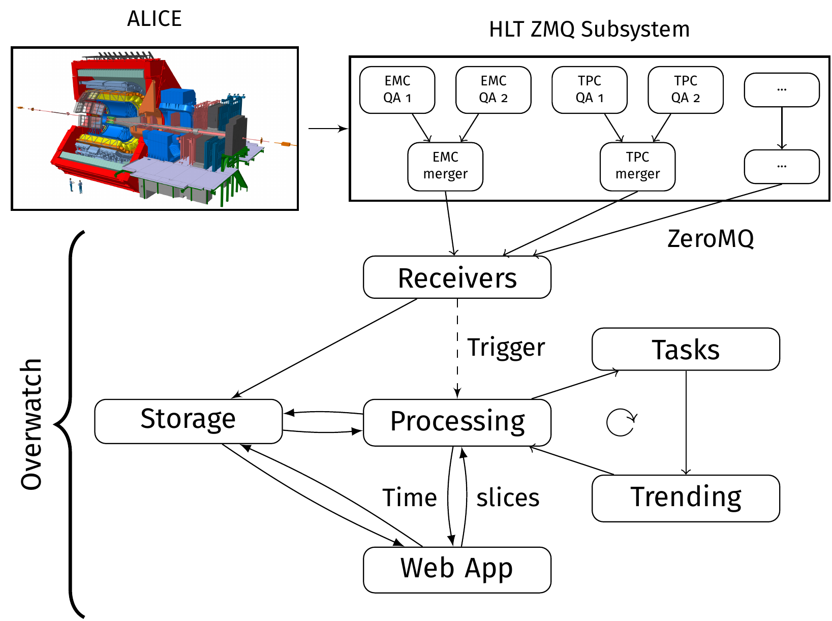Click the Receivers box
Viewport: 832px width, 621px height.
pyautogui.click(x=457, y=277)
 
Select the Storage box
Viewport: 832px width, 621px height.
pyautogui.click(x=188, y=421)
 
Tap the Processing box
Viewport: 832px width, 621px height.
pyautogui.click(x=457, y=422)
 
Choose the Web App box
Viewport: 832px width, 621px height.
pyautogui.click(x=457, y=570)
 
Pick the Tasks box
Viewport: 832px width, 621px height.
pyautogui.click(x=685, y=349)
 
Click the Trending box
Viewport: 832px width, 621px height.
pyautogui.click(x=685, y=498)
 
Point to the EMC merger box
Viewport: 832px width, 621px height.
pyautogui.click(x=445, y=166)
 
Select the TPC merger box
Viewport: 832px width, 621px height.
pyautogui.click(x=637, y=166)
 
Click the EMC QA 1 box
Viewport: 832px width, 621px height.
pyautogui.click(x=397, y=90)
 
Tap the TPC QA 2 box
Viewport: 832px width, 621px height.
pyautogui.click(x=685, y=90)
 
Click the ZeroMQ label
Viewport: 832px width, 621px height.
pyautogui.click(x=710, y=239)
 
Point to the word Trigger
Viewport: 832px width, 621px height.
pyautogui.click(x=506, y=348)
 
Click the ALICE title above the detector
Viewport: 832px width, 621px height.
pyautogui.click(x=155, y=19)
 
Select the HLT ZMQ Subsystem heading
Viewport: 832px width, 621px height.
pyautogui.click(x=589, y=29)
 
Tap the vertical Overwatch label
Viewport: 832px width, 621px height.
pyautogui.click(x=31, y=424)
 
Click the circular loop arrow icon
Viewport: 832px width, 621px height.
pyautogui.click(x=621, y=422)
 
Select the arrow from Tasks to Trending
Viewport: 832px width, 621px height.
pyautogui.click(x=686, y=422)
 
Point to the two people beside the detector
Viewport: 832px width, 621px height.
pyautogui.click(x=76, y=185)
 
